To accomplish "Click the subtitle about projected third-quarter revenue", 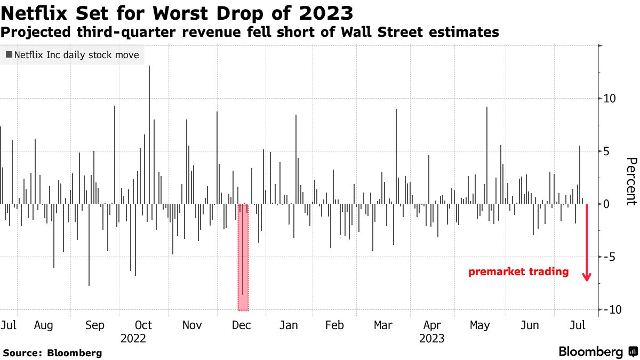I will tap(250, 32).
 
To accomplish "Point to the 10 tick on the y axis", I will tap(610, 99).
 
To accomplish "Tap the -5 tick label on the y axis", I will tap(610, 257).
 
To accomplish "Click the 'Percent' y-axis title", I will tap(631, 181).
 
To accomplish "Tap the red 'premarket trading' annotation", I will tap(518, 272).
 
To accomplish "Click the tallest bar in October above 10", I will tap(149, 133).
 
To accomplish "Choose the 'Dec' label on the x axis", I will tap(242, 325).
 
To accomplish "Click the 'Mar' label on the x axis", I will tap(383, 325).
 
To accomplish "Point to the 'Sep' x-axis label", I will tap(95, 325).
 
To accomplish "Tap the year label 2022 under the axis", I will tap(133, 338).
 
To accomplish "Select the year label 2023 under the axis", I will tap(432, 338).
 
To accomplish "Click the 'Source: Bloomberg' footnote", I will tap(52, 353).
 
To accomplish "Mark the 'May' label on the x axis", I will tap(480, 325).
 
